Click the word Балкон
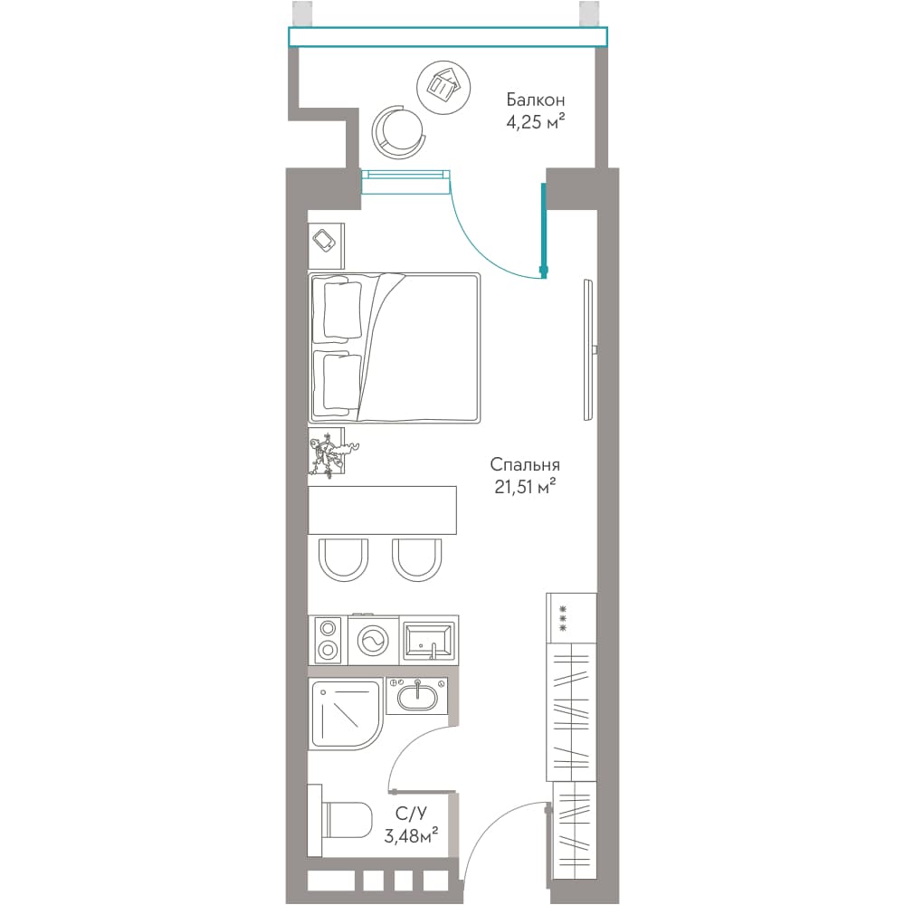point(535,100)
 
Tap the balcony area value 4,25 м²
point(535,122)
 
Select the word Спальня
point(525,464)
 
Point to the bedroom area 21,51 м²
point(525,487)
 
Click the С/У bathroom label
point(411,814)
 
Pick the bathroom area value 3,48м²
point(411,835)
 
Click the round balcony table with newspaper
point(443,88)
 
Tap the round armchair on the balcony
point(397,130)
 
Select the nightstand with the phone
point(326,245)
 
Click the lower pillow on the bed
point(342,382)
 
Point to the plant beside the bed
point(330,453)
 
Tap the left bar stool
point(343,559)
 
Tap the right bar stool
point(416,559)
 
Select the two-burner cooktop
point(329,640)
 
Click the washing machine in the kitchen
point(373,640)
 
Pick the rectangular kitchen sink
point(428,640)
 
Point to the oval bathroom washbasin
point(416,695)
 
